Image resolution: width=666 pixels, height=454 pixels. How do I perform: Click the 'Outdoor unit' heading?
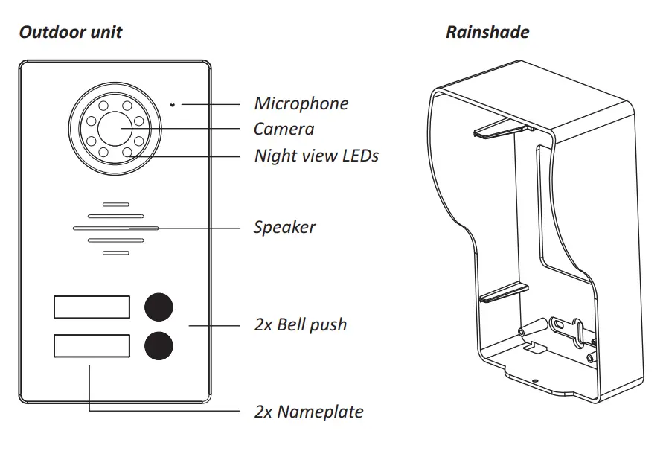tap(71, 32)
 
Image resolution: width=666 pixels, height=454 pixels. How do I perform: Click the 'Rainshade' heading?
tap(487, 32)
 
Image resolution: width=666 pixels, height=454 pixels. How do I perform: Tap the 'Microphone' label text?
tap(301, 103)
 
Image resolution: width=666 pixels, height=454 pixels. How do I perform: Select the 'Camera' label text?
tap(284, 129)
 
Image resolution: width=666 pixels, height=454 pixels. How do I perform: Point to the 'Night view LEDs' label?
tap(316, 156)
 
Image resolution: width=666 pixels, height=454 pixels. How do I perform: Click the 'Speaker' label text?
tap(284, 227)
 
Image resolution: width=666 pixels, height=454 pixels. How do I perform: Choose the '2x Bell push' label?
tap(300, 324)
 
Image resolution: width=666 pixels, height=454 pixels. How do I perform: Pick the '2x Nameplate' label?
tap(309, 411)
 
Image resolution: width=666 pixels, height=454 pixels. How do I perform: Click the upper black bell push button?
tap(159, 307)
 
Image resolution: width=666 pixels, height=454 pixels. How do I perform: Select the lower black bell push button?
tap(159, 345)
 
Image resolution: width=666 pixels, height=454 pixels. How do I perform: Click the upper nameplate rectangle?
tap(92, 307)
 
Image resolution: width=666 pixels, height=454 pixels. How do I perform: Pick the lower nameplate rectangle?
tap(92, 346)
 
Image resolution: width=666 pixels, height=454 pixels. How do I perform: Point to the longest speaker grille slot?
tap(115, 228)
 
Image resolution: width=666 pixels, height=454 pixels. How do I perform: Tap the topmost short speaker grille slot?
tap(115, 204)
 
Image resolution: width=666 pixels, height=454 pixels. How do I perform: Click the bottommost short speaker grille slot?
tap(115, 253)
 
